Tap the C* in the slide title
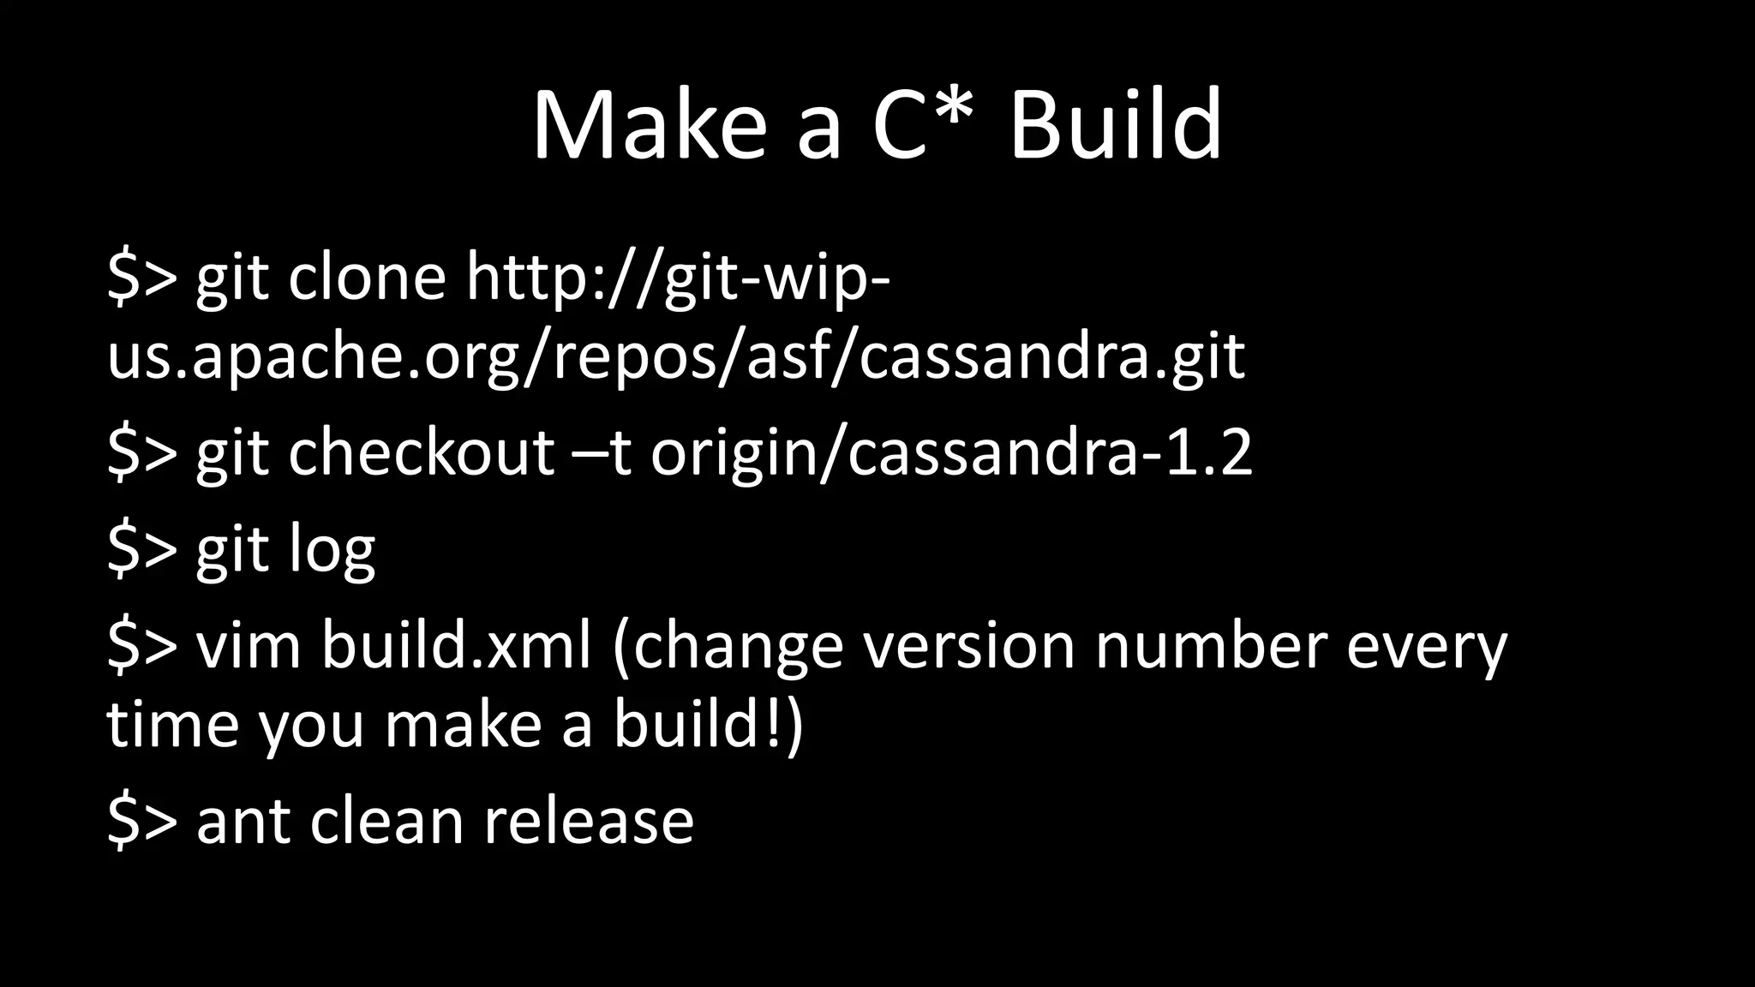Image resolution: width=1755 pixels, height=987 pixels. tap(925, 126)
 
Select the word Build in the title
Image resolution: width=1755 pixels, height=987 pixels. tap(1116, 126)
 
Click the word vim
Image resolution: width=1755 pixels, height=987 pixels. tap(249, 645)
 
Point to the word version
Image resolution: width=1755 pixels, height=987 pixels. tap(968, 645)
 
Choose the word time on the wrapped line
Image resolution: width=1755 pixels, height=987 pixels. tap(172, 724)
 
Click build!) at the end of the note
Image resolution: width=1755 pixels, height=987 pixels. tap(708, 724)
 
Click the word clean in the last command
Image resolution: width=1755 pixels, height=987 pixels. tap(386, 821)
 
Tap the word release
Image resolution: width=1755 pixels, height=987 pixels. tap(589, 821)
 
